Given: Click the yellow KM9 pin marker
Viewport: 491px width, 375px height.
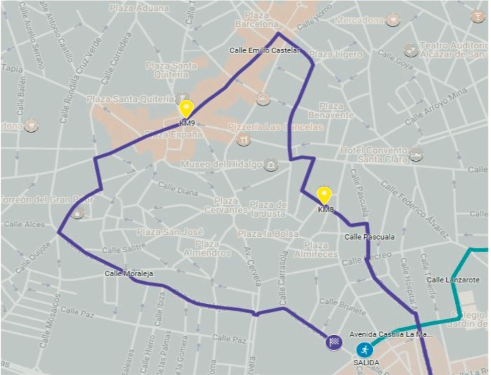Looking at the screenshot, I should (186, 109).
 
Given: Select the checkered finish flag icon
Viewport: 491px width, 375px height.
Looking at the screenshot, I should (334, 342).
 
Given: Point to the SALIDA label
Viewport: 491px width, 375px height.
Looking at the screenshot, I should (363, 363).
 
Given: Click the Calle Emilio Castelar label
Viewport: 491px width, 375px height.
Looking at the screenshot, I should (266, 50).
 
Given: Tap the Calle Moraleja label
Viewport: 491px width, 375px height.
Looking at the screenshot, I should (128, 273).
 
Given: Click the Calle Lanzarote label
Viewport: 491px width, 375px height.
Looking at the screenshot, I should (452, 280).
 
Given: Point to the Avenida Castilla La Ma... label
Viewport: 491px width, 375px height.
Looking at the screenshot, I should (391, 334).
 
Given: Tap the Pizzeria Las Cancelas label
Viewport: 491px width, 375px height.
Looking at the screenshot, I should (284, 127).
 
